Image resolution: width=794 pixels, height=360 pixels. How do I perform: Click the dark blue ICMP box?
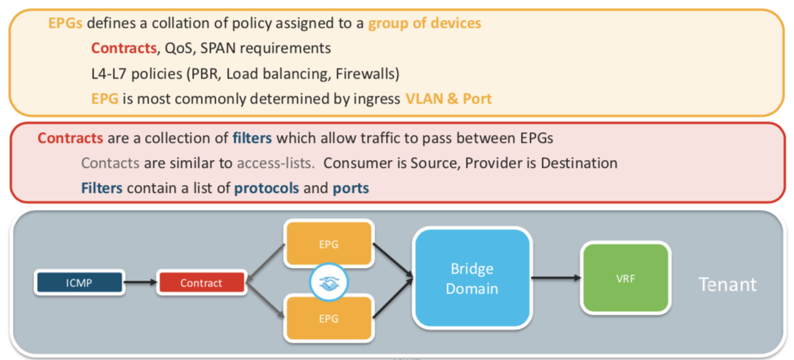pos(78,283)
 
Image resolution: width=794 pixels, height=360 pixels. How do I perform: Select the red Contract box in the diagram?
pos(201,283)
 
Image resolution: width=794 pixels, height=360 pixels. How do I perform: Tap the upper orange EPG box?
pos(329,244)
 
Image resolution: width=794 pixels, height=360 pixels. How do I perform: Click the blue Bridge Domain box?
pos(472,279)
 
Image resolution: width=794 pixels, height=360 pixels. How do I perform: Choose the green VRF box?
pos(625,278)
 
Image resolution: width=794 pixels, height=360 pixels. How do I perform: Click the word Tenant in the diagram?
pos(727,284)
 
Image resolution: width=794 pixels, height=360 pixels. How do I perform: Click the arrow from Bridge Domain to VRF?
pos(555,278)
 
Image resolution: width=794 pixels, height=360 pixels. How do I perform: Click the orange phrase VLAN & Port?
pos(449,99)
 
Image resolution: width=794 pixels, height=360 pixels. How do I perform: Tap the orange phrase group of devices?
pos(425,23)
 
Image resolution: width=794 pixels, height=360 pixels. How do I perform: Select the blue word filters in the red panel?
pos(252,137)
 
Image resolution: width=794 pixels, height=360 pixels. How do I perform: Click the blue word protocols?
pos(267,189)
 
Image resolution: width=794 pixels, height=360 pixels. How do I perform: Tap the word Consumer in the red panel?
pos(350,163)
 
